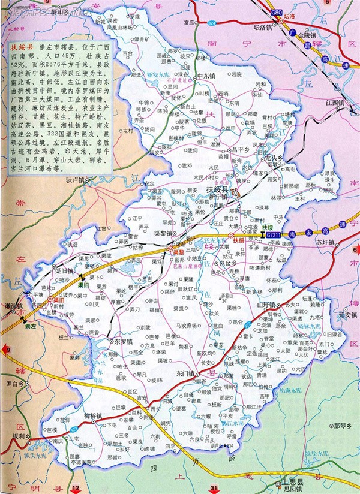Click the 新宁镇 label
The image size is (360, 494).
pyautogui.click(x=216, y=195)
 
